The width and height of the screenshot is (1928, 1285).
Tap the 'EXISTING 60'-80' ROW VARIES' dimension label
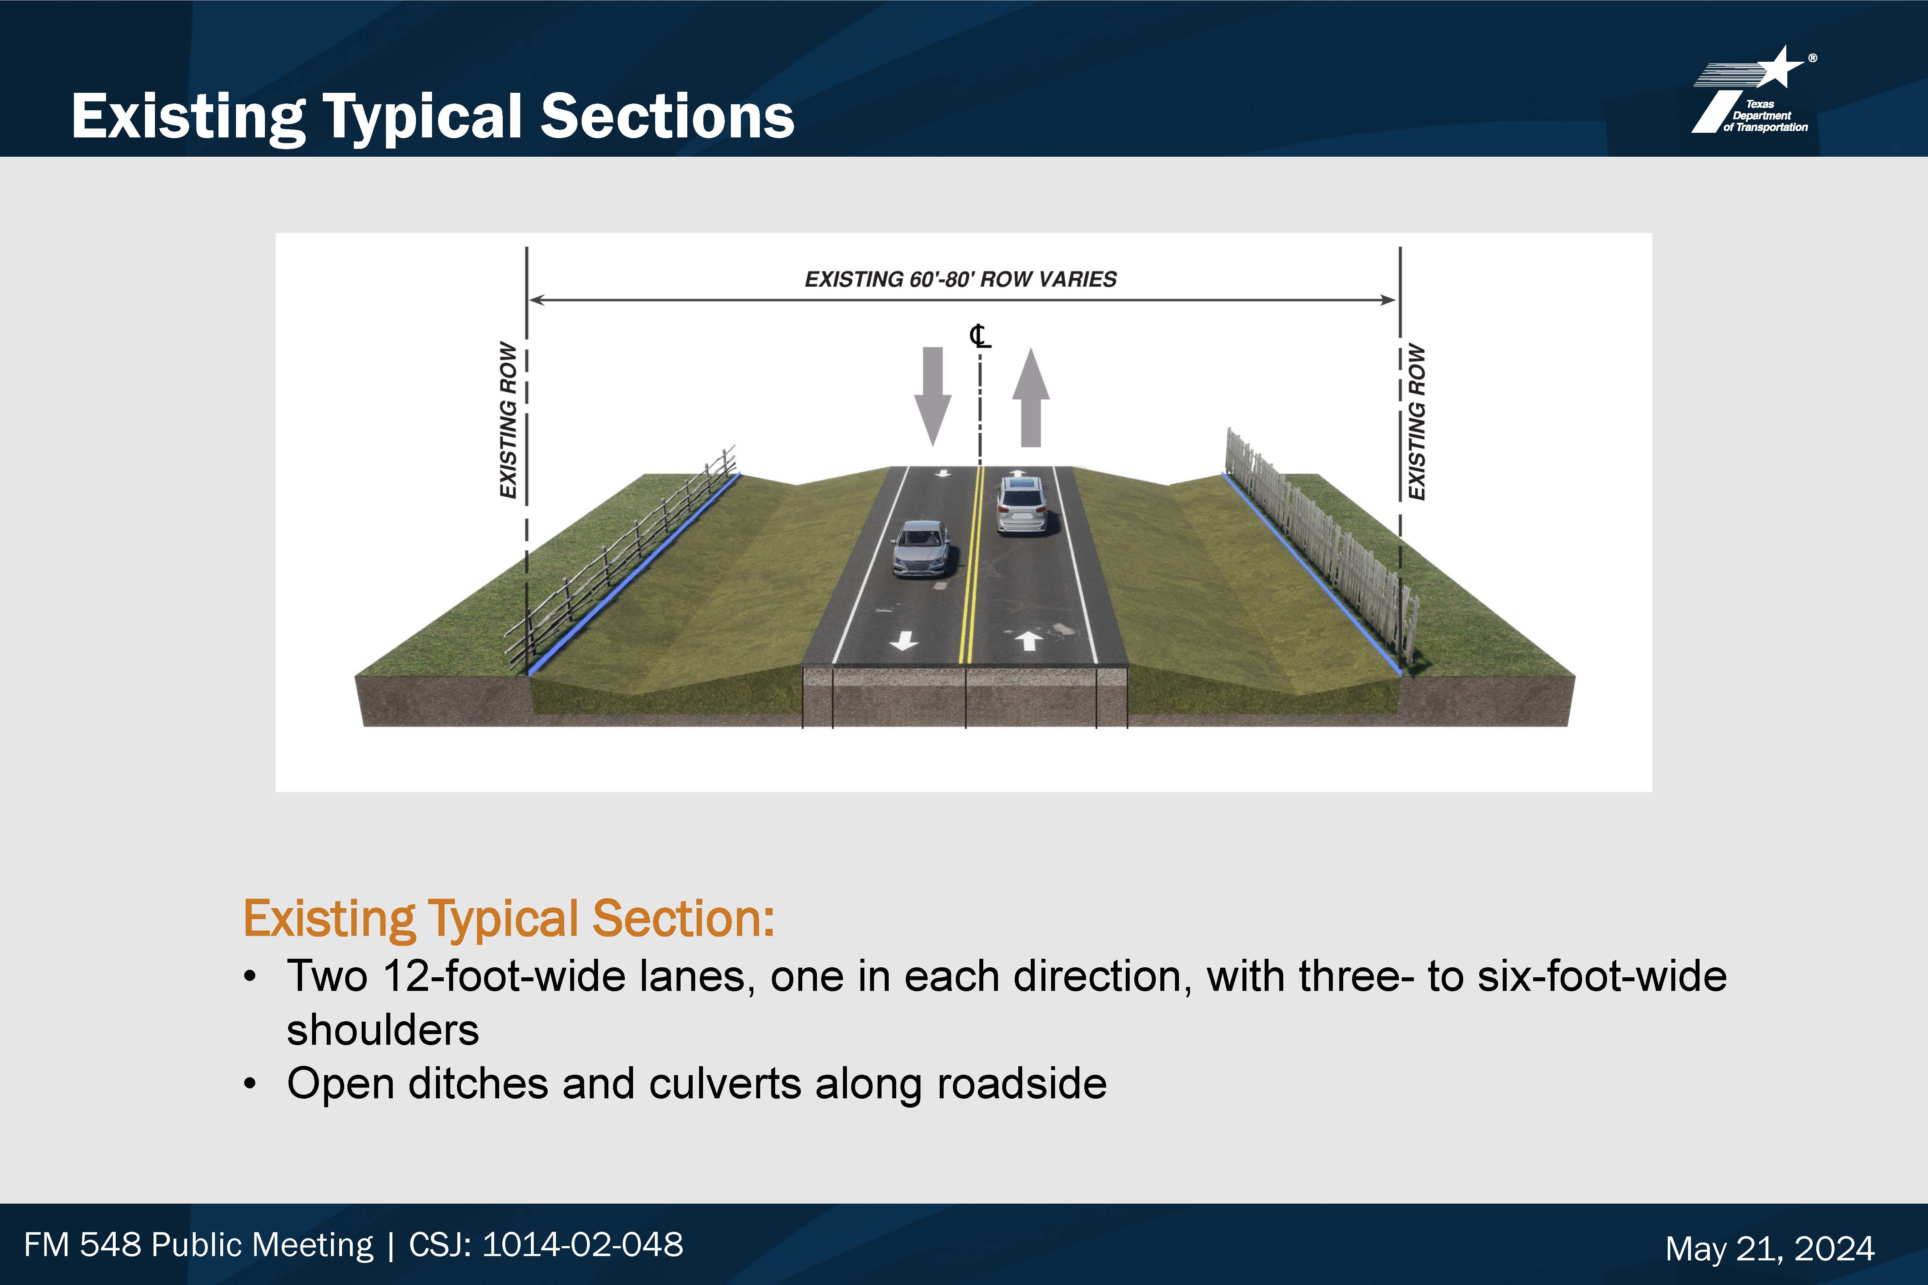pos(961,279)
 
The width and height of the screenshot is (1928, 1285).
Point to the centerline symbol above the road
pos(980,336)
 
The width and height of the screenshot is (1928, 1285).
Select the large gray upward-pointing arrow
pos(1030,398)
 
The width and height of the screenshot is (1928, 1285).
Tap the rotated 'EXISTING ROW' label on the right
pos(1416,421)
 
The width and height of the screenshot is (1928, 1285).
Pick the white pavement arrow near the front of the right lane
pos(1030,640)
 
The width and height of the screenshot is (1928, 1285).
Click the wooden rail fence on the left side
pos(621,557)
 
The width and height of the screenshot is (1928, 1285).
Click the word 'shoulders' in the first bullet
pos(383,1030)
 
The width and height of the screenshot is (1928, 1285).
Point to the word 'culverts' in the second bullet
pos(725,1084)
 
